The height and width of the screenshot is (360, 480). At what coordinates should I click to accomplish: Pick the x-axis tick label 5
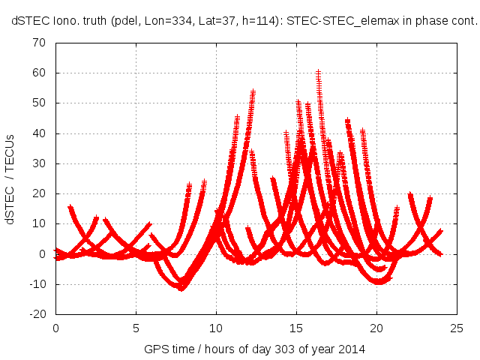click(x=136, y=328)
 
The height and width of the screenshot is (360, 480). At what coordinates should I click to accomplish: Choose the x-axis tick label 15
click(x=296, y=328)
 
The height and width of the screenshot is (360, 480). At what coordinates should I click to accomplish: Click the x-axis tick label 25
click(x=457, y=328)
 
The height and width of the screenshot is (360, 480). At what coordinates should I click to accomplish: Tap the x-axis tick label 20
click(x=376, y=328)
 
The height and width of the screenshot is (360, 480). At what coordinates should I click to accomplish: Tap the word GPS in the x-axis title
click(x=155, y=349)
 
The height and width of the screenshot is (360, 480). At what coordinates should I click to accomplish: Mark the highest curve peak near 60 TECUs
click(x=318, y=73)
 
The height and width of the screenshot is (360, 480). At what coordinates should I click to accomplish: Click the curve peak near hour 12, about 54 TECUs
click(x=253, y=91)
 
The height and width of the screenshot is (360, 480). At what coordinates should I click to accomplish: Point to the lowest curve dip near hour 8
click(x=181, y=288)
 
